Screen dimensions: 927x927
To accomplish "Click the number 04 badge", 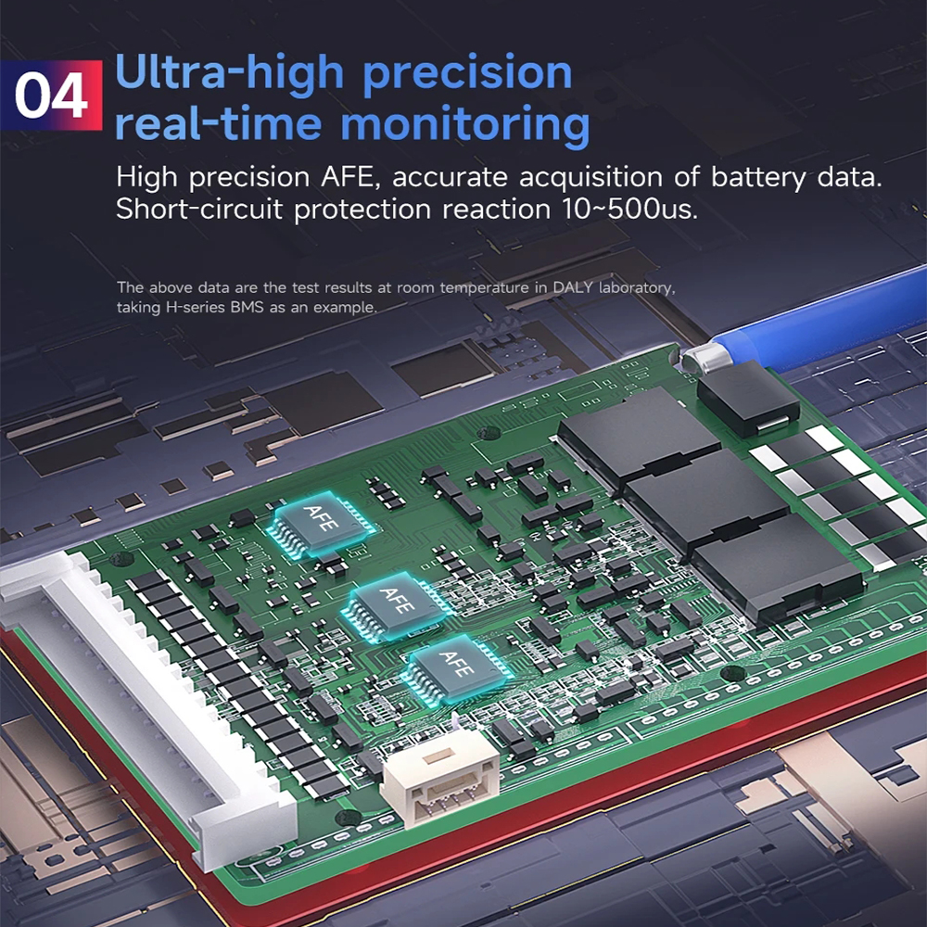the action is click(51, 95).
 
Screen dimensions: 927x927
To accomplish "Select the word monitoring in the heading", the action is click(465, 125).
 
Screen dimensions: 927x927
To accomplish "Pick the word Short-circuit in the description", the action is click(199, 210).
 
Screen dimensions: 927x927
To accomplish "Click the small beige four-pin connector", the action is click(440, 781).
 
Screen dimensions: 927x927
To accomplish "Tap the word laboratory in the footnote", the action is click(637, 288).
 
